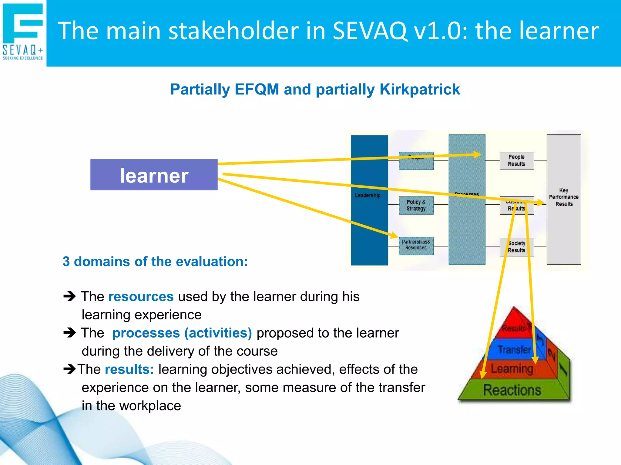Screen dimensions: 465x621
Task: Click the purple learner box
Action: click(x=154, y=175)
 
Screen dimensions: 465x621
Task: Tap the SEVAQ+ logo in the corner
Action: click(x=23, y=32)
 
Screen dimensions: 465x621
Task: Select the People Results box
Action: click(x=516, y=160)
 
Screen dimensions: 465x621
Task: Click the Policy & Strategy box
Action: click(x=416, y=205)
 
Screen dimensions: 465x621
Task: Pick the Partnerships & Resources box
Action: click(x=416, y=245)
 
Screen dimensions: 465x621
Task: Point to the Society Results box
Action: click(x=516, y=247)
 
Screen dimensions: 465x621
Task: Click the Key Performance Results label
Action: click(x=563, y=197)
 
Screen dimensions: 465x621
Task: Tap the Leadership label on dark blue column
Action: click(x=368, y=196)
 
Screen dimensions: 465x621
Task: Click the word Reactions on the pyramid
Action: click(x=512, y=390)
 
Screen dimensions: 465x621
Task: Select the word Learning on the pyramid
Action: click(x=512, y=369)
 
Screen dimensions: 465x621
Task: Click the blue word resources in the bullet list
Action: click(x=141, y=296)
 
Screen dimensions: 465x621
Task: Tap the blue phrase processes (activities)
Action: click(x=182, y=333)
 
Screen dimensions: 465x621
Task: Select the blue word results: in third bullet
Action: click(x=129, y=369)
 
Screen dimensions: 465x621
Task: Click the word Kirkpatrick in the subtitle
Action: click(x=420, y=89)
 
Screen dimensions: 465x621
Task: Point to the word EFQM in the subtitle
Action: click(x=257, y=89)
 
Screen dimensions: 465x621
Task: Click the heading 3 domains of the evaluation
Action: click(x=155, y=261)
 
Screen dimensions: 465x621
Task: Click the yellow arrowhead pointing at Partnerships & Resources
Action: click(x=394, y=235)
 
